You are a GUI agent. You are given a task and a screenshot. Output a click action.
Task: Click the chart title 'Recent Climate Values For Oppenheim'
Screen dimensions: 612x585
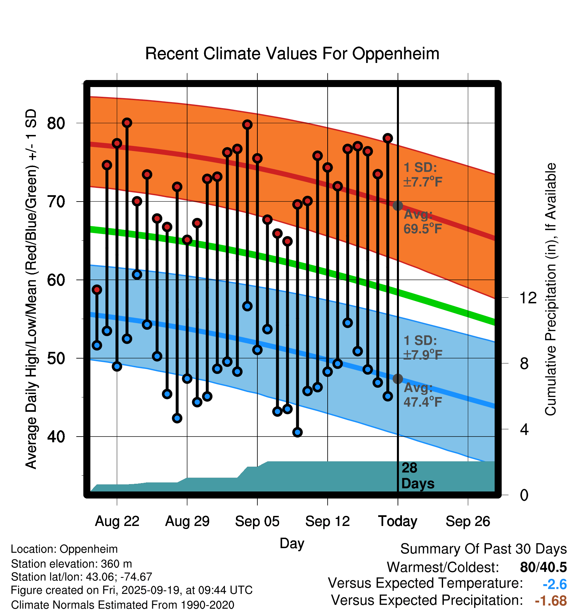(x=292, y=54)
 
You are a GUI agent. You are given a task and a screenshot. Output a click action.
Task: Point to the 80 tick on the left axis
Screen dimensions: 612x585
(x=56, y=123)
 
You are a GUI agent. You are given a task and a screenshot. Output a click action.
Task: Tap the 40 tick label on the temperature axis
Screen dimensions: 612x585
(x=56, y=437)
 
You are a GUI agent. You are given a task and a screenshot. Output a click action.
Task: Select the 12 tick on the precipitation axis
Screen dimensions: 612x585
(x=528, y=298)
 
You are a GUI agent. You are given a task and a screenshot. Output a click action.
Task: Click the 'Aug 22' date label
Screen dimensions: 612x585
(x=117, y=521)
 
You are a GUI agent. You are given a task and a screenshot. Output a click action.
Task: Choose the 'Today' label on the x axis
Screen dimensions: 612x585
(x=398, y=521)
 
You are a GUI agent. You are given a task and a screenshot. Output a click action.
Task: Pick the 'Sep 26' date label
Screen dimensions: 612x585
(x=468, y=521)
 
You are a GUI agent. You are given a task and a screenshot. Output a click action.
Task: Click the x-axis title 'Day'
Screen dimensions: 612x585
(x=292, y=543)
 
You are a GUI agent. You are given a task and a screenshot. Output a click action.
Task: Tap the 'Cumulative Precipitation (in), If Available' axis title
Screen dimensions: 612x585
(x=551, y=289)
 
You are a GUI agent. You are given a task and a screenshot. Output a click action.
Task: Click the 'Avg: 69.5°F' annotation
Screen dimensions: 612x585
(x=422, y=222)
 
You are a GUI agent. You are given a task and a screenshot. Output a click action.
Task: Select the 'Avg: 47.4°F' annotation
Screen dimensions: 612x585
(x=422, y=395)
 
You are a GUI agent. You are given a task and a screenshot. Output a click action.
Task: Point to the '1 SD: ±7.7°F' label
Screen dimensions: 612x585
(x=422, y=175)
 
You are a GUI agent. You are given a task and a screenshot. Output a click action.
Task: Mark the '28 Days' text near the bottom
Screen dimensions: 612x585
(x=417, y=476)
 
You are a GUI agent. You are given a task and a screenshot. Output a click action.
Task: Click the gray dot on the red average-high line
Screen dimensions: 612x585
(x=398, y=206)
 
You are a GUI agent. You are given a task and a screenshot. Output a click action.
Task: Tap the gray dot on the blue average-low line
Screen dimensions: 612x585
(x=398, y=379)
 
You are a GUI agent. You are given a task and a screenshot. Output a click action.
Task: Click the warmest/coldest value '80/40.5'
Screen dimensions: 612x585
(x=543, y=567)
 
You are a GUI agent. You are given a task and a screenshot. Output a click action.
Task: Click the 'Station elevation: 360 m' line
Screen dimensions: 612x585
(x=71, y=564)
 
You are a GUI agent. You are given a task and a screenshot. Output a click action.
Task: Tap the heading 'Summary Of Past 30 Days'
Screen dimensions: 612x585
(x=483, y=549)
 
